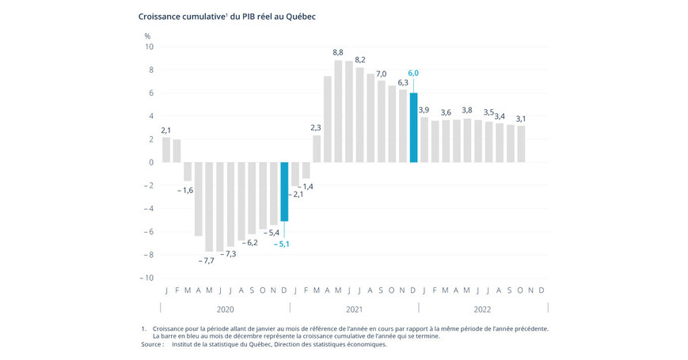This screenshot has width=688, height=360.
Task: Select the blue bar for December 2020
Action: tap(284, 191)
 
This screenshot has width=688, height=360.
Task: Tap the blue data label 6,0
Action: tap(413, 74)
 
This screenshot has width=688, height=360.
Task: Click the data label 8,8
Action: tap(338, 51)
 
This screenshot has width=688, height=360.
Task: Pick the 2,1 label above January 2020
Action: tap(166, 130)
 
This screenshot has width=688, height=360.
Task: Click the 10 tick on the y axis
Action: tap(148, 47)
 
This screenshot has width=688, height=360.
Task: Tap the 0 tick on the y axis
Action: tap(150, 162)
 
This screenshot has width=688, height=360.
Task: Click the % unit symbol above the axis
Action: tap(147, 36)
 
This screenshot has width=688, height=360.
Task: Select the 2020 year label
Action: tap(225, 309)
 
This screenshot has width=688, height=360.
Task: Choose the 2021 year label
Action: tap(354, 309)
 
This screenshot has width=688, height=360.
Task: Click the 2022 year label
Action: tap(483, 309)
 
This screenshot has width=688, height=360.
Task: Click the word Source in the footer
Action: tap(152, 344)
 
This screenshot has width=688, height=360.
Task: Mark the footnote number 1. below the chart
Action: tap(143, 328)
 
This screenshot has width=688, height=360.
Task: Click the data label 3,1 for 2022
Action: tap(520, 119)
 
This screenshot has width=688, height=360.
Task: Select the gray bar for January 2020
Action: tap(166, 150)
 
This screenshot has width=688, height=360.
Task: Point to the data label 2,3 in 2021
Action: tap(317, 127)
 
